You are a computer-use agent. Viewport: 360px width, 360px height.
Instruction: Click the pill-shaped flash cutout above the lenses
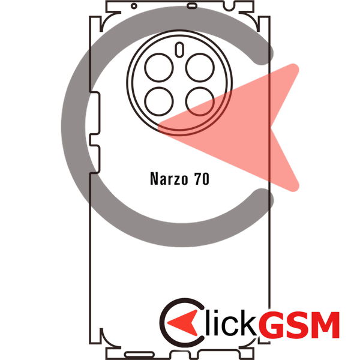179,50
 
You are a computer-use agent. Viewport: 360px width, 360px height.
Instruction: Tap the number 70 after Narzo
202,179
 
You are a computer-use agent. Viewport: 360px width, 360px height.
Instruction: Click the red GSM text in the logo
299,324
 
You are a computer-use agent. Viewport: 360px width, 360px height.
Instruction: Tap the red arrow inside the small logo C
183,323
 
